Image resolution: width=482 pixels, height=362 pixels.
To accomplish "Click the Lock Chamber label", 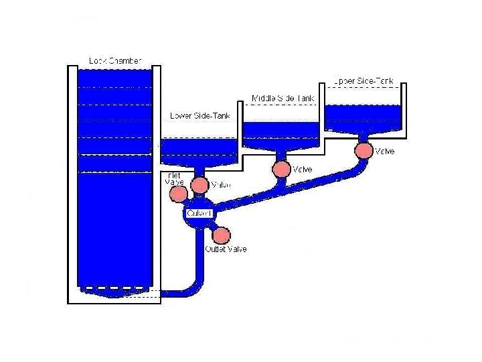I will [x=115, y=61].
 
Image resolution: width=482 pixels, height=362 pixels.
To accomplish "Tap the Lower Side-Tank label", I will [x=200, y=115].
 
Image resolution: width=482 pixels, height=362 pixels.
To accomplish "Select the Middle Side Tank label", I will [x=283, y=99].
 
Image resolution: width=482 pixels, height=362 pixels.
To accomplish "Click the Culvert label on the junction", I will [x=199, y=213].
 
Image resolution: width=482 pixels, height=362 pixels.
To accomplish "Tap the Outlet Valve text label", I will [x=226, y=249].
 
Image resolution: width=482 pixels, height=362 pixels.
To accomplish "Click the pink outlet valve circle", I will [x=221, y=235].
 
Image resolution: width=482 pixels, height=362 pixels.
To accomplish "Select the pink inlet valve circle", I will [x=178, y=194].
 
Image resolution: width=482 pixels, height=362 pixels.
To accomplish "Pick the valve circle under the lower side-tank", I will [x=199, y=184].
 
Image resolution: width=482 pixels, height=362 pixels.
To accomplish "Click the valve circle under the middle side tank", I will [x=282, y=168].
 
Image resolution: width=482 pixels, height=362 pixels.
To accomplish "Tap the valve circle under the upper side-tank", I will [x=364, y=150].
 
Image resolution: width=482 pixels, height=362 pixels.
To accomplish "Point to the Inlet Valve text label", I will [x=173, y=178].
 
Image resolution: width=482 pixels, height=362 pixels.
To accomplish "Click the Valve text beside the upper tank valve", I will [x=385, y=152].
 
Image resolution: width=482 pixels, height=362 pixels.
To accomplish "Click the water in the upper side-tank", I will [x=364, y=117].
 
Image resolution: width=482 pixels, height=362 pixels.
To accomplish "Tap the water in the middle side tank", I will [x=282, y=134].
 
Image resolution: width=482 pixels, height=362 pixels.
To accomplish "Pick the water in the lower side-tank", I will [x=199, y=149].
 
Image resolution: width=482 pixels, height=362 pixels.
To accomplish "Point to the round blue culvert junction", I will [x=199, y=214].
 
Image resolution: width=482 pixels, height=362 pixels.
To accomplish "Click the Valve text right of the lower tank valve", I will [x=221, y=185].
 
